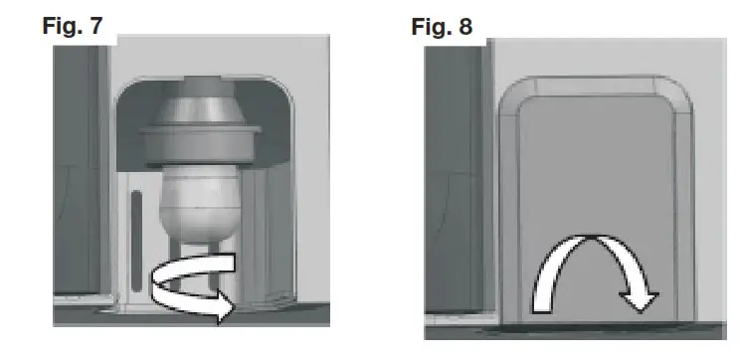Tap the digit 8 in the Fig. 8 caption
click(x=467, y=27)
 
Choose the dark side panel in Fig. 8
click(x=453, y=199)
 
